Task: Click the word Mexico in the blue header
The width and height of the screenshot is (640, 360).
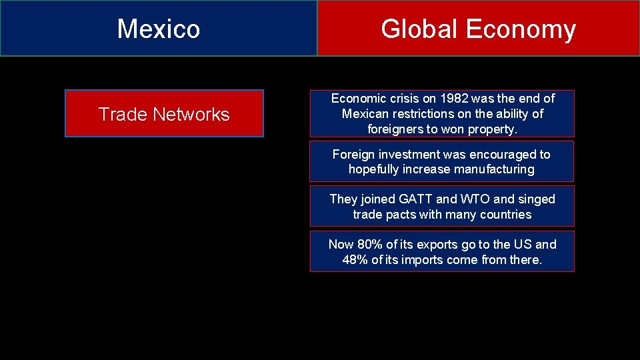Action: point(159,29)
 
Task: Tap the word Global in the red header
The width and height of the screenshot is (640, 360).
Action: point(419,29)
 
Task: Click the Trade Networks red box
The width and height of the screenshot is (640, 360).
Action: point(164,114)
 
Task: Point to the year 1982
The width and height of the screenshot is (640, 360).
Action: point(454,98)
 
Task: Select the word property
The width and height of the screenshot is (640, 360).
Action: point(493,129)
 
